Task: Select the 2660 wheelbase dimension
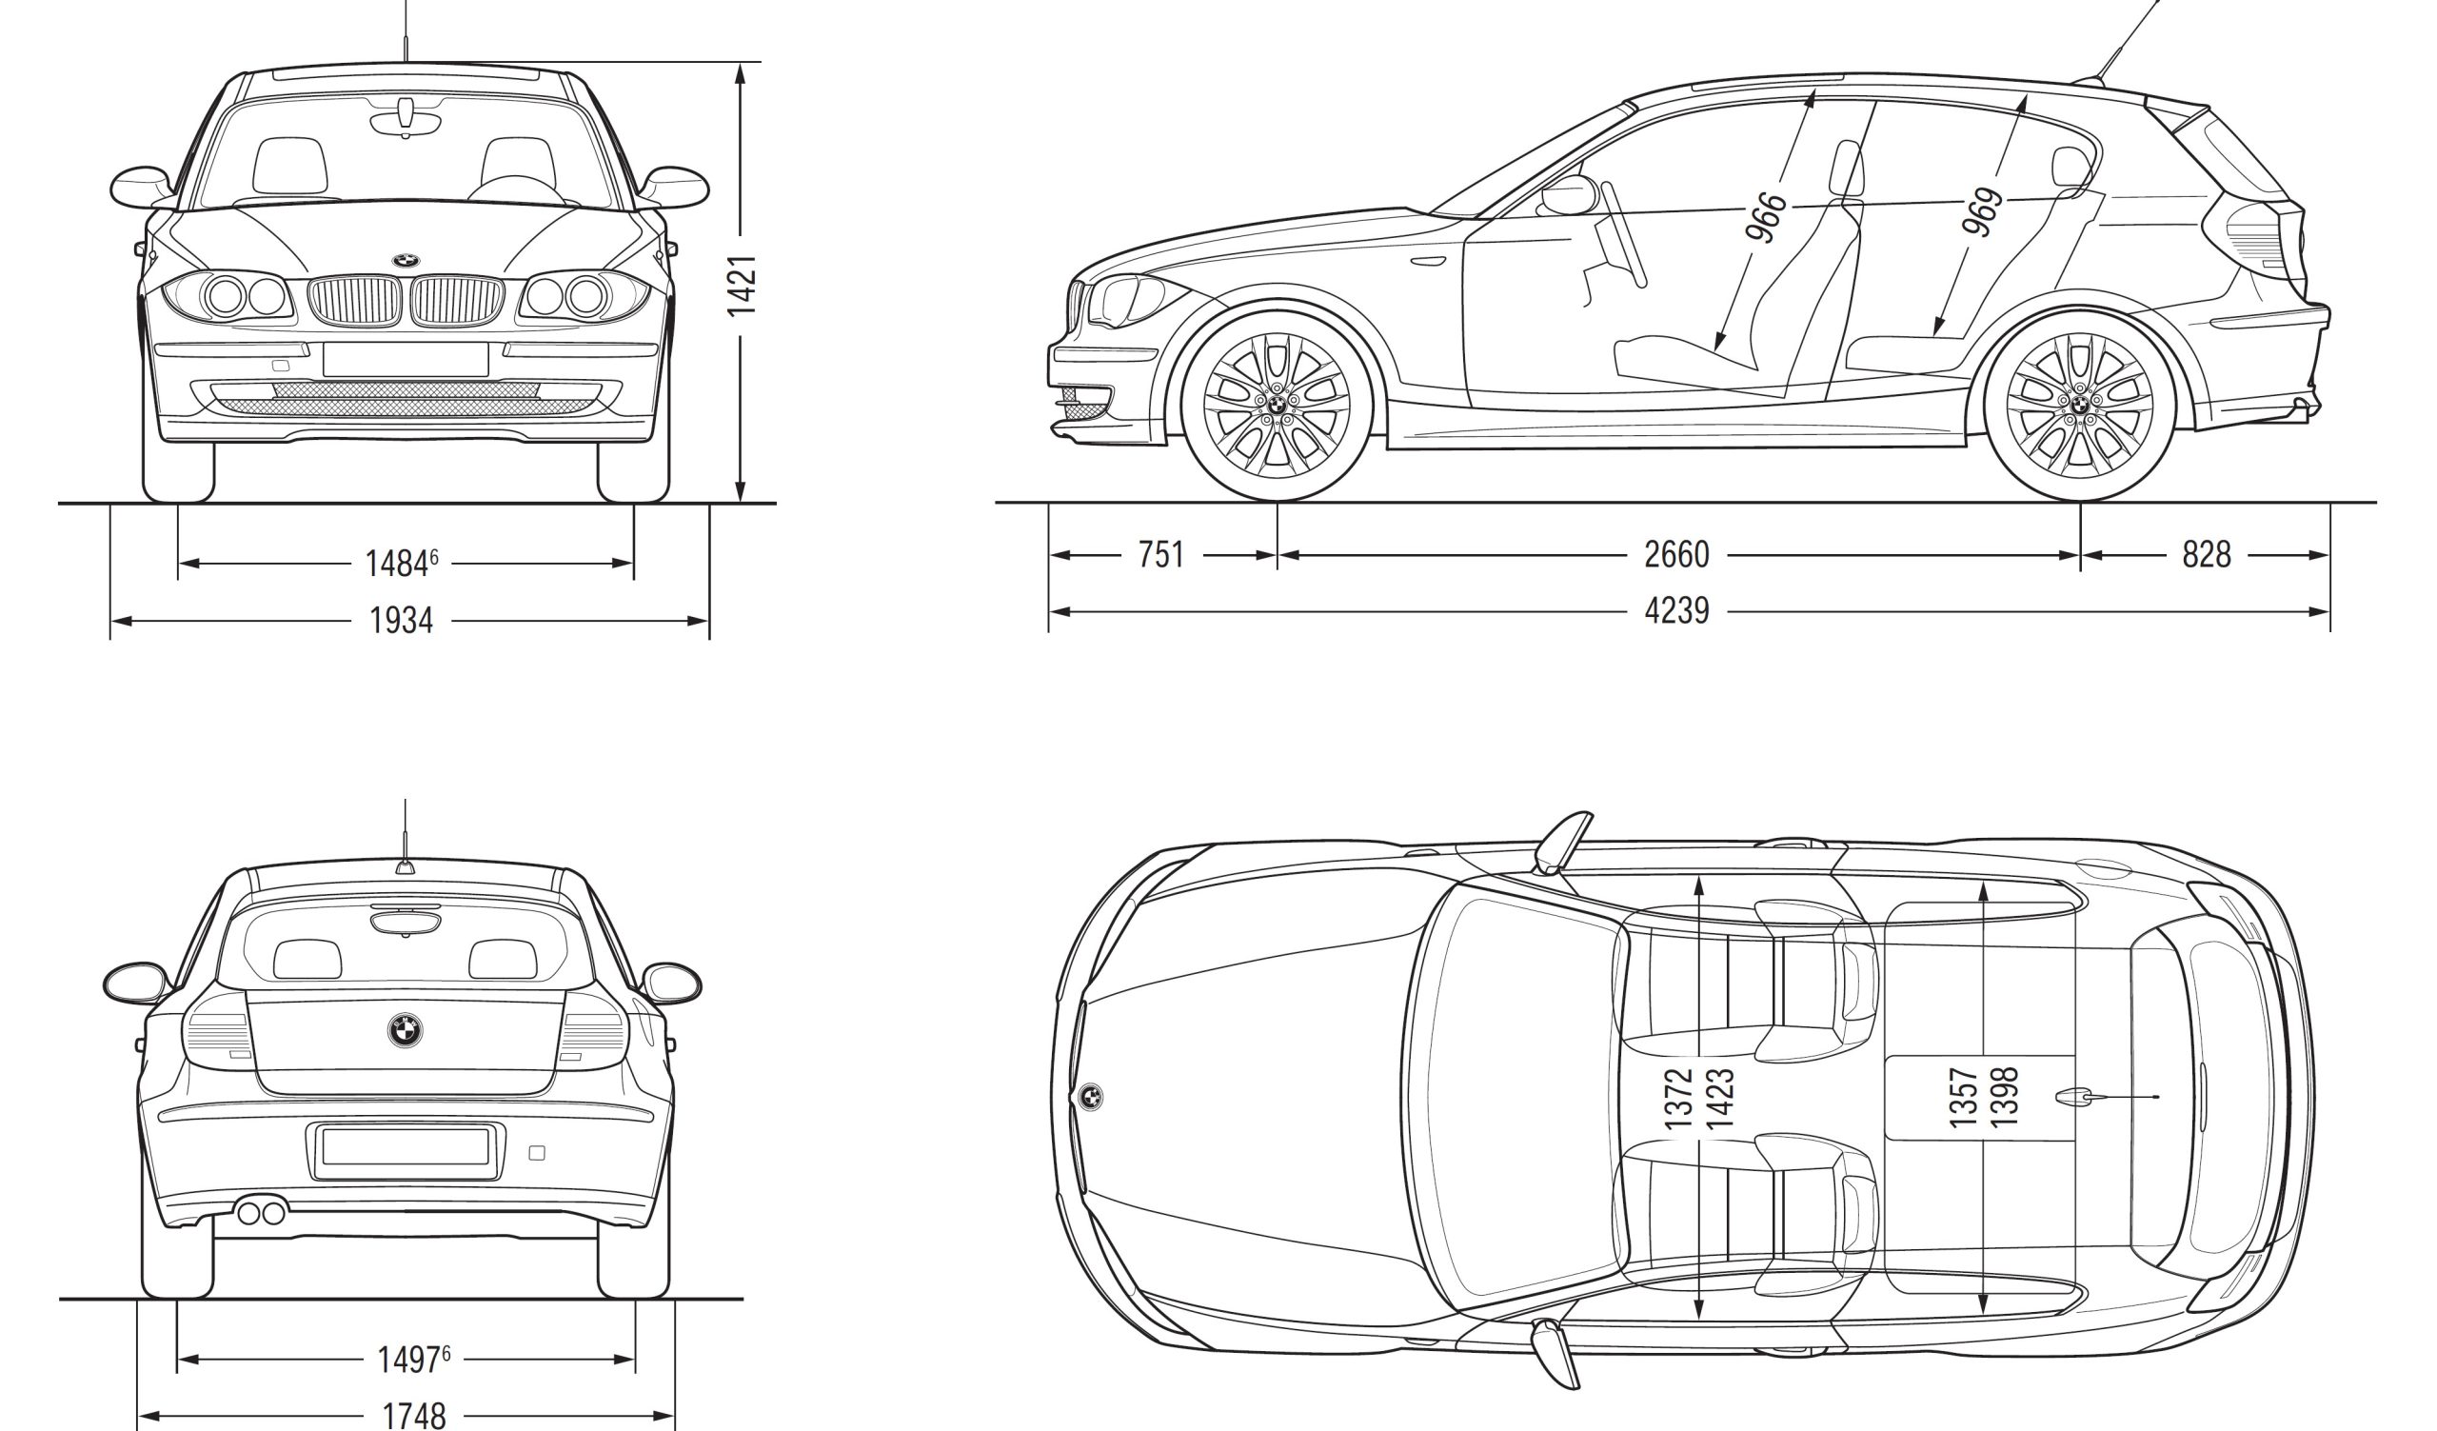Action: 1676,555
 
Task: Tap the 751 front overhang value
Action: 1160,555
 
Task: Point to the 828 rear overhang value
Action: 2206,555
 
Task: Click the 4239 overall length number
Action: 1676,611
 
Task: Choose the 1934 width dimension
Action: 402,621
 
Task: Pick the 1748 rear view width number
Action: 414,1418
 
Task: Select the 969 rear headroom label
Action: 1982,212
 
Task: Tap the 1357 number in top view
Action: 1962,1098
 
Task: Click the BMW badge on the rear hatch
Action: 406,1030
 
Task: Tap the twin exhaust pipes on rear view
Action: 261,1212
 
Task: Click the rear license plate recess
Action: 406,1147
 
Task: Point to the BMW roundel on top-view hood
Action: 1090,1097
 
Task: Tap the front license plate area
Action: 406,360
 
